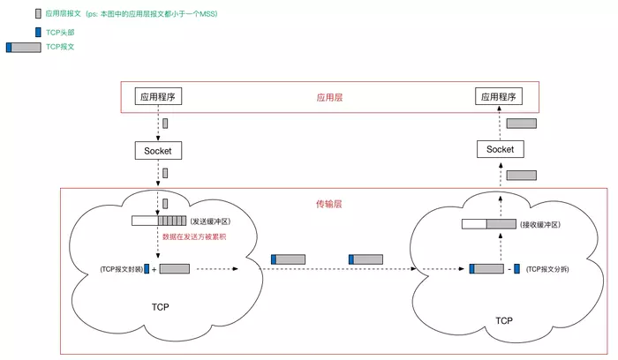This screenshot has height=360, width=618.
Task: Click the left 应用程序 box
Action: coord(159,95)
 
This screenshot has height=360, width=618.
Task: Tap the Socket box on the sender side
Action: coord(159,151)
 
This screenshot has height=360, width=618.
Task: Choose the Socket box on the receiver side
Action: coord(500,149)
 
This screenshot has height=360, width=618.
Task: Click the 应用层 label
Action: coord(329,97)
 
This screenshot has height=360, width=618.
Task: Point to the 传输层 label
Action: coord(329,203)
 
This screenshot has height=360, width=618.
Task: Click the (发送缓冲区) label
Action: coord(210,221)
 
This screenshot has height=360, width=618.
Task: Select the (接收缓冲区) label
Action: coord(540,225)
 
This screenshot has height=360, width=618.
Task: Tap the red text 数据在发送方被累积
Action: coord(194,236)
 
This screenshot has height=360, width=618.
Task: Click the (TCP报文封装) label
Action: coord(120,268)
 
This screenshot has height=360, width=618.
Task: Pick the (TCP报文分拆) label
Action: coord(547,268)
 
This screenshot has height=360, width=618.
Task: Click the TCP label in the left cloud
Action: coord(160,307)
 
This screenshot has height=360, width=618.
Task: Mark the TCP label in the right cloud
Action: coord(503,320)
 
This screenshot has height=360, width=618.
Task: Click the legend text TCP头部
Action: coord(60,32)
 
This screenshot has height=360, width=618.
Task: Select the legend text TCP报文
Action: coord(61,47)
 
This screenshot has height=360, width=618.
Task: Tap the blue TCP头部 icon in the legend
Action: coord(38,32)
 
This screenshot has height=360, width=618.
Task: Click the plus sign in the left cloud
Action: coord(154,269)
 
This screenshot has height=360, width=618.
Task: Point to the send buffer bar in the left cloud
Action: coord(159,221)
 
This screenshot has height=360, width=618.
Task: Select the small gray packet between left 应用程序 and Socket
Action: coord(164,123)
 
